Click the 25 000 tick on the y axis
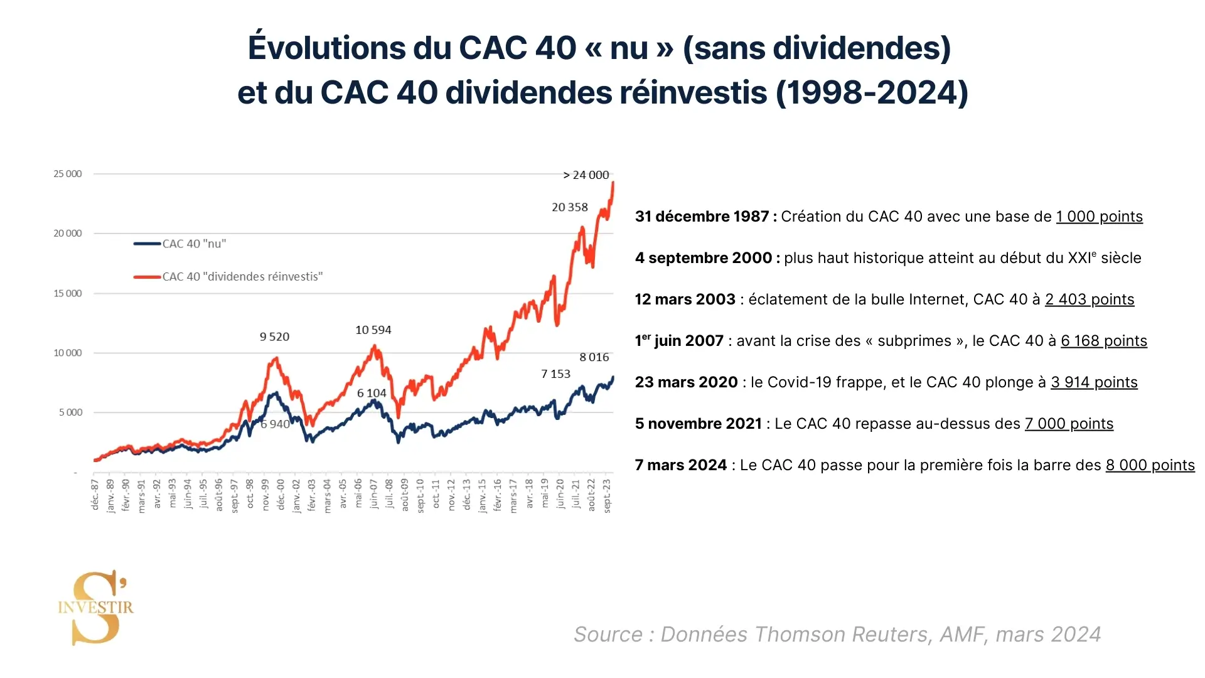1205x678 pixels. click(68, 174)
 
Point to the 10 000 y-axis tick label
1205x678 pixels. click(68, 353)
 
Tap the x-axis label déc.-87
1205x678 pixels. click(95, 495)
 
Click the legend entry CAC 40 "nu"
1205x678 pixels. click(194, 244)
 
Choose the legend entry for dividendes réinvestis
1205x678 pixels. click(242, 276)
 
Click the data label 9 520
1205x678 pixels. click(274, 336)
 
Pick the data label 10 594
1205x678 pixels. click(373, 330)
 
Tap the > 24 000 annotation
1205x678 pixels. click(586, 175)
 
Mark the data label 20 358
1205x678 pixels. click(570, 207)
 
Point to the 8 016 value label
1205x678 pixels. click(594, 357)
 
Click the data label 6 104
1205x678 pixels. click(372, 393)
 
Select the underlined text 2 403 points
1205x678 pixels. click(1090, 299)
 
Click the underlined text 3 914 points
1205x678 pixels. click(1094, 382)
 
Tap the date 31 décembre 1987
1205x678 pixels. click(702, 217)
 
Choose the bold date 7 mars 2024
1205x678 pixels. click(681, 465)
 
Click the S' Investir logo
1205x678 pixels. click(96, 607)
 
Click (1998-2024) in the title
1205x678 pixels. click(872, 92)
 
